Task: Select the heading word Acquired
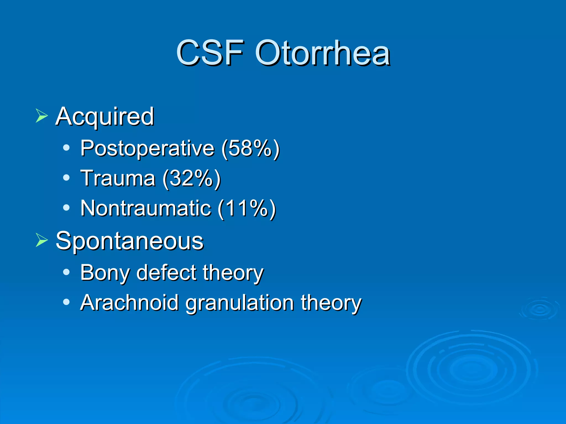pyautogui.click(x=104, y=116)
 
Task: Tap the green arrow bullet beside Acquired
pyautogui.click(x=41, y=115)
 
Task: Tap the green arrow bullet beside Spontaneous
pyautogui.click(x=41, y=240)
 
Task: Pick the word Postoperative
pyautogui.click(x=147, y=149)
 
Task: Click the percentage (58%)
pyautogui.click(x=250, y=149)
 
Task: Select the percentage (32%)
pyautogui.click(x=192, y=178)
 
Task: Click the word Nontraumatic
pyautogui.click(x=146, y=208)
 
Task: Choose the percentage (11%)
pyautogui.click(x=247, y=208)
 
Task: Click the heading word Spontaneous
pyautogui.click(x=129, y=241)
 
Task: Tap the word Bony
pyautogui.click(x=105, y=273)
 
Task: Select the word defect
pyautogui.click(x=166, y=273)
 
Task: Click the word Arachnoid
pyautogui.click(x=129, y=303)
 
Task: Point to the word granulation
pyautogui.click(x=239, y=303)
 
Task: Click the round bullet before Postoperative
pyautogui.click(x=66, y=148)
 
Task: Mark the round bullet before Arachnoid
pyautogui.click(x=66, y=302)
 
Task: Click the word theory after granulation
pyautogui.click(x=331, y=303)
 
